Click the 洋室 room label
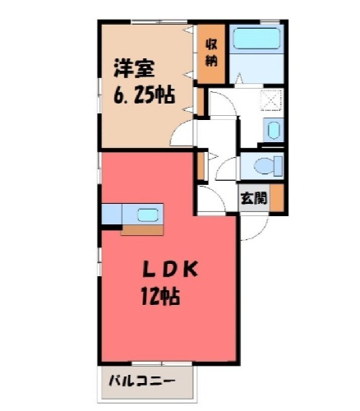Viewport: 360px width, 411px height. coord(135,68)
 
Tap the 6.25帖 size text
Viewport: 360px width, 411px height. coord(144,95)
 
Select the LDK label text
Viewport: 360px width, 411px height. coord(169,270)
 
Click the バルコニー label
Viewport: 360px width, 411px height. coord(141,381)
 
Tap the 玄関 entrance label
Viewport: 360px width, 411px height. coord(254,198)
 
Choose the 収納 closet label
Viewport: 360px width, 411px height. coord(211,53)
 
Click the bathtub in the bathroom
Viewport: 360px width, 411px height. coord(256,39)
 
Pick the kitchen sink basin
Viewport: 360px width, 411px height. coord(148,215)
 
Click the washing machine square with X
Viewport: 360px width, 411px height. coord(271,100)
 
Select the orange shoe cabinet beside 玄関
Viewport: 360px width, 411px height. coord(277,197)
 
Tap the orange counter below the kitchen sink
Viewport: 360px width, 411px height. coord(142,230)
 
